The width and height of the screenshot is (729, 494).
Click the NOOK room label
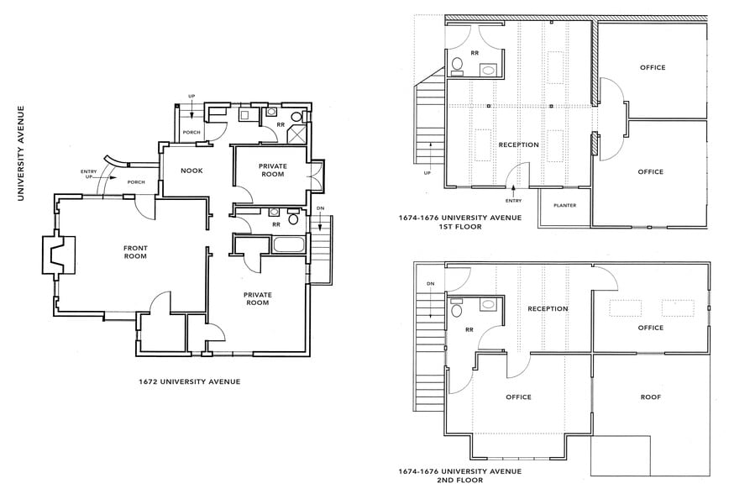click(x=191, y=171)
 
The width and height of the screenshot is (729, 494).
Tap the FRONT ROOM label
click(x=135, y=251)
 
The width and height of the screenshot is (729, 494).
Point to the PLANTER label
click(x=564, y=205)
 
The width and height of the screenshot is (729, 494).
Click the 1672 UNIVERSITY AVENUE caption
click(x=189, y=381)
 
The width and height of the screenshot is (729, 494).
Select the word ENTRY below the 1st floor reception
click(x=514, y=201)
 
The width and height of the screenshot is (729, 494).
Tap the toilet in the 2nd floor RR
click(x=456, y=311)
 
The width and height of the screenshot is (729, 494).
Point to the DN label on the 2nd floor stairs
click(x=430, y=283)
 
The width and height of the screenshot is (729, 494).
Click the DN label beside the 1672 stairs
click(x=321, y=209)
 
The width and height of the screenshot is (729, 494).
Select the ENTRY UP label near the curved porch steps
click(x=90, y=175)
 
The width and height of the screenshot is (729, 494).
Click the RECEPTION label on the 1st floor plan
click(x=518, y=145)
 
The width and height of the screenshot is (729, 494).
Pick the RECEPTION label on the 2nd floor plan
click(x=548, y=308)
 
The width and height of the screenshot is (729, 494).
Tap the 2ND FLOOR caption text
click(x=459, y=481)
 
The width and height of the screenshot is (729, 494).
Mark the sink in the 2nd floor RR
click(x=457, y=299)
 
